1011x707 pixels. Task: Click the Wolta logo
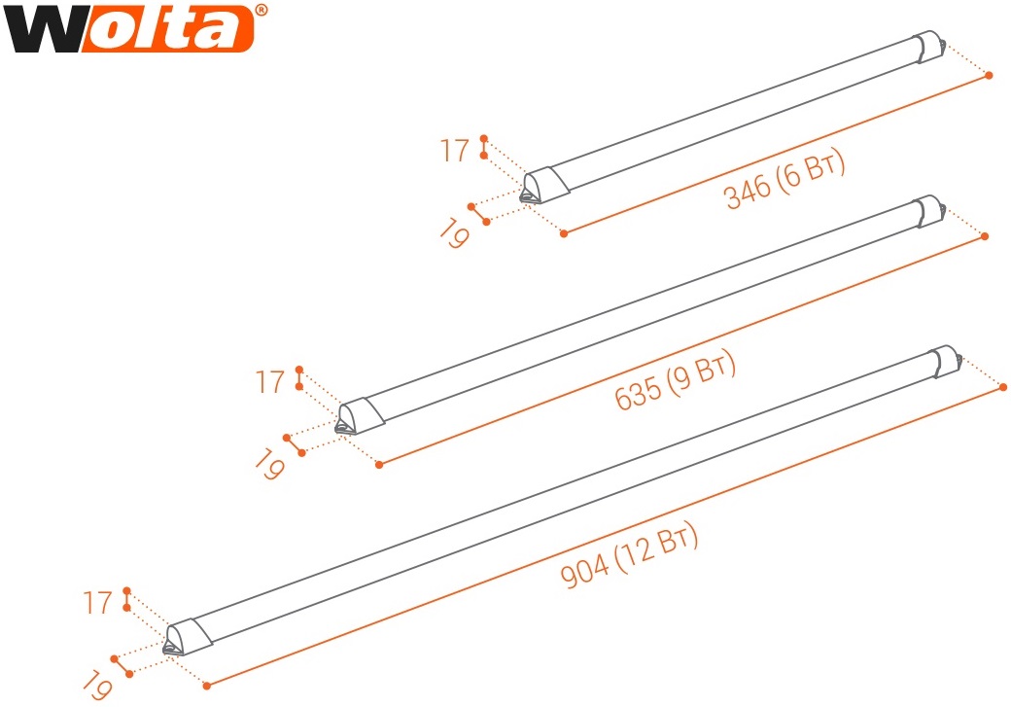click(x=135, y=28)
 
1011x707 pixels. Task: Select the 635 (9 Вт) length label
click(x=675, y=380)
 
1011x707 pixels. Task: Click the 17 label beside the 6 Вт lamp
click(x=455, y=151)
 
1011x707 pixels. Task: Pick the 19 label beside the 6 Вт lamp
click(x=455, y=232)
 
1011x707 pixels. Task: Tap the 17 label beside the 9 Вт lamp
click(x=270, y=382)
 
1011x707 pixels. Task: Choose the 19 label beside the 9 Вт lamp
click(x=269, y=465)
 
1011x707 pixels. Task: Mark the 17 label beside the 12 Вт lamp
click(x=97, y=603)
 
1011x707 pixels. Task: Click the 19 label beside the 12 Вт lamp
click(x=97, y=685)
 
